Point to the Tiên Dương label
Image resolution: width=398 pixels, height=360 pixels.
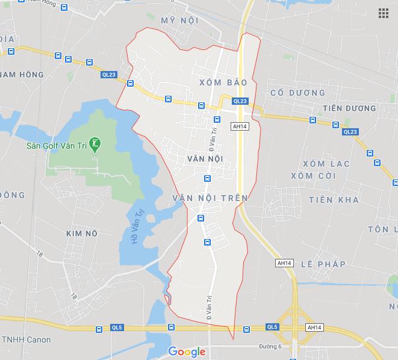click(x=349, y=108)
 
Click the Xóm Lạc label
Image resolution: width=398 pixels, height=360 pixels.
click(x=326, y=164)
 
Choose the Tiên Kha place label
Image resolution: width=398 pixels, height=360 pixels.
click(x=333, y=199)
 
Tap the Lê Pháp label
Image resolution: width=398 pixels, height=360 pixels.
click(x=323, y=264)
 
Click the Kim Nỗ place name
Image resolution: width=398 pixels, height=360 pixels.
click(x=82, y=232)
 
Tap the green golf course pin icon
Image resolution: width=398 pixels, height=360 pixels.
click(x=95, y=144)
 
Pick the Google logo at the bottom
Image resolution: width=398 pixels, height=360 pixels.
click(x=187, y=352)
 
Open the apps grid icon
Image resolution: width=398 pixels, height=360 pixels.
click(x=383, y=14)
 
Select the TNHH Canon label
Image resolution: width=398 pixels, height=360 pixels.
click(x=25, y=340)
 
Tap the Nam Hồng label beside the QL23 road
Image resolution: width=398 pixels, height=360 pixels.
click(x=22, y=75)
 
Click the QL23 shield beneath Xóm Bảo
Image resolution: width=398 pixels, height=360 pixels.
click(x=239, y=101)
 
